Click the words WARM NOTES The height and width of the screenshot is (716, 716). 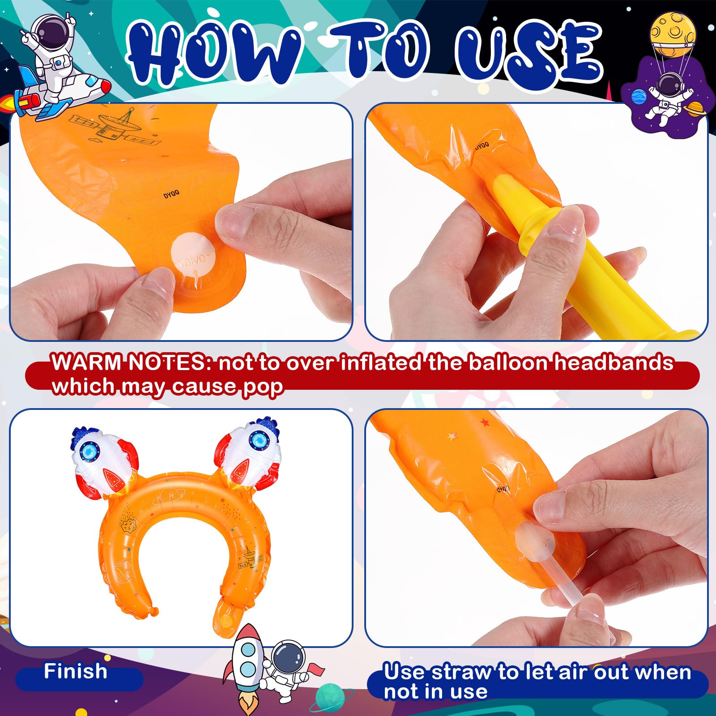128,363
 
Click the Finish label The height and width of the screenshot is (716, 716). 75,672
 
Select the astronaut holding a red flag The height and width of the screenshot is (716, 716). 286,671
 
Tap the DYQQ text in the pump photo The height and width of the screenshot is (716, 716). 482,145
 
